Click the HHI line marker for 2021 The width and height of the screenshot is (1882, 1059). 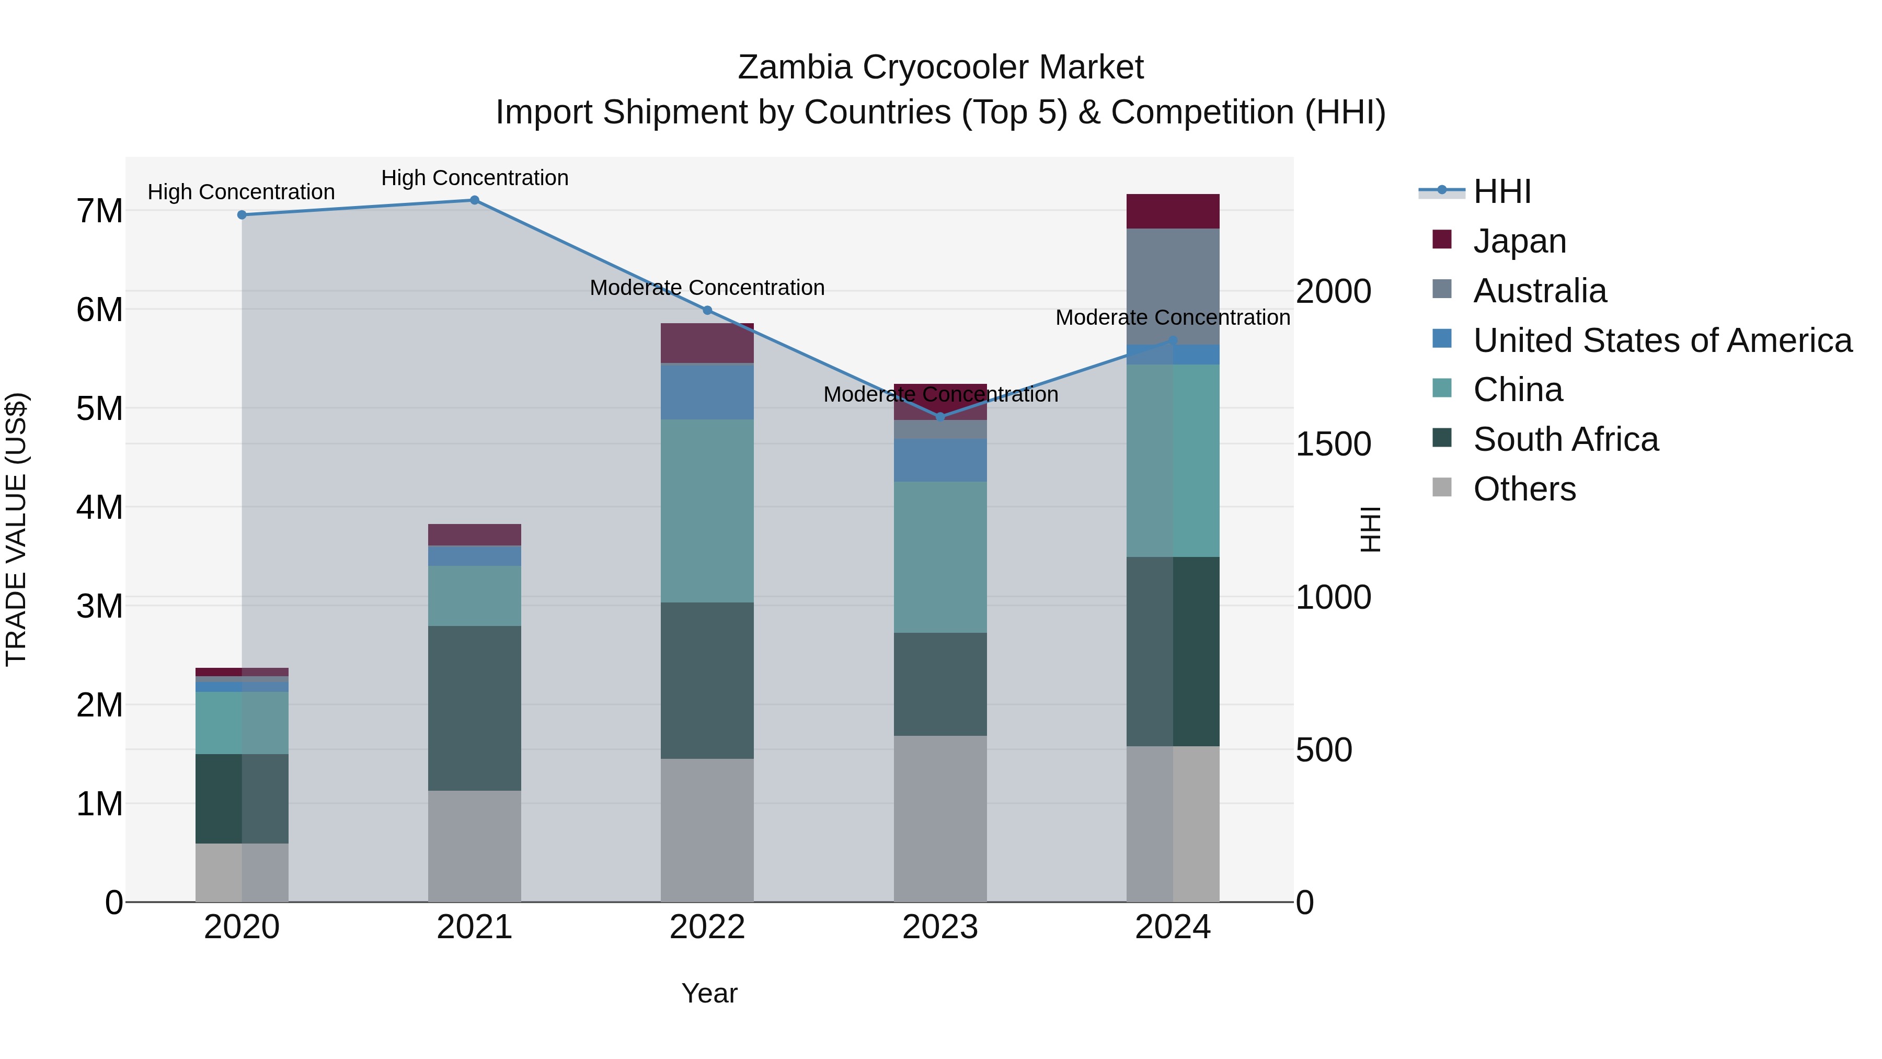click(x=474, y=200)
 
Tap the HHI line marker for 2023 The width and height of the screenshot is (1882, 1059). click(x=940, y=417)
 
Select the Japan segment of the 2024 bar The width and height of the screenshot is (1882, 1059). click(x=1173, y=211)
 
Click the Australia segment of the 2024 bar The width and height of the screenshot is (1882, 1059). click(x=1173, y=287)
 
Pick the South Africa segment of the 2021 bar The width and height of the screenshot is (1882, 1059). click(x=474, y=708)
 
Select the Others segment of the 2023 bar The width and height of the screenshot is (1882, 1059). click(x=940, y=818)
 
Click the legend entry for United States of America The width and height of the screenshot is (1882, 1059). click(x=1662, y=340)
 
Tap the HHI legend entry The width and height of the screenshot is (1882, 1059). click(x=1501, y=191)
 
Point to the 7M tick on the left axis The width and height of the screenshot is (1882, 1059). click(x=99, y=211)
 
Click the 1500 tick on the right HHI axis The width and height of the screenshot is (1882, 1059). click(x=1333, y=445)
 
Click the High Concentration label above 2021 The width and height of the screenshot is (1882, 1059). click(x=474, y=178)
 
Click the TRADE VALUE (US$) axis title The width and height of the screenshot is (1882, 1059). click(x=16, y=529)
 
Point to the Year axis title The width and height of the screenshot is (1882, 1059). click(x=709, y=993)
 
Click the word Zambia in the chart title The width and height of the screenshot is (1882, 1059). click(x=794, y=67)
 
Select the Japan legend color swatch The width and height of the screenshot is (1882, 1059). click(x=1441, y=240)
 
